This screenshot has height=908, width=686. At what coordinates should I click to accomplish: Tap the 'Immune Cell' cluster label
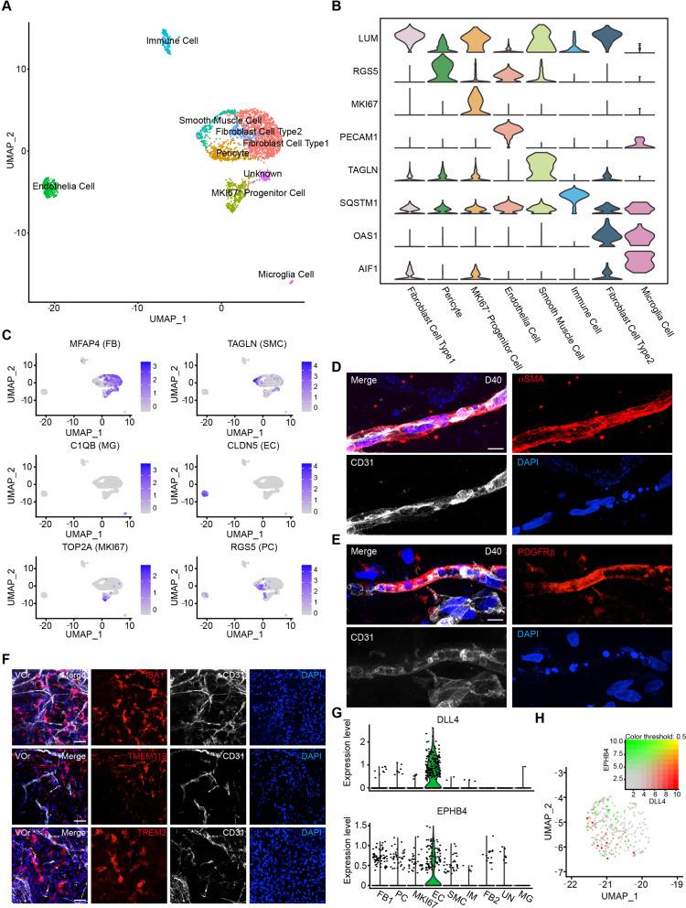click(172, 41)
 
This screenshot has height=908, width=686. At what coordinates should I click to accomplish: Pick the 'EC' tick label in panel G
click(431, 886)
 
